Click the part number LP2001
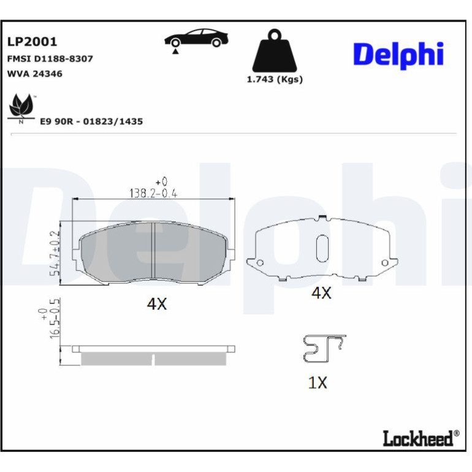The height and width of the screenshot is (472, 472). click(32, 42)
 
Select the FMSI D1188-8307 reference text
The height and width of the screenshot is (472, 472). click(50, 58)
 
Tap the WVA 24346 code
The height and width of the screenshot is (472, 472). click(34, 74)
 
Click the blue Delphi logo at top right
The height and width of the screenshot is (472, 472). click(398, 55)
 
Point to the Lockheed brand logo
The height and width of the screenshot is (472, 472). click(421, 438)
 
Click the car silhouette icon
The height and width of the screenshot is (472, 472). click(196, 39)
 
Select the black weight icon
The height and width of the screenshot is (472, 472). click(275, 50)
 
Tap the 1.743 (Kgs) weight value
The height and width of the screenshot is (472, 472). click(275, 80)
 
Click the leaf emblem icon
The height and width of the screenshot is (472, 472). click(21, 108)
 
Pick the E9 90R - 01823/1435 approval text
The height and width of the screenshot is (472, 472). click(91, 121)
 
